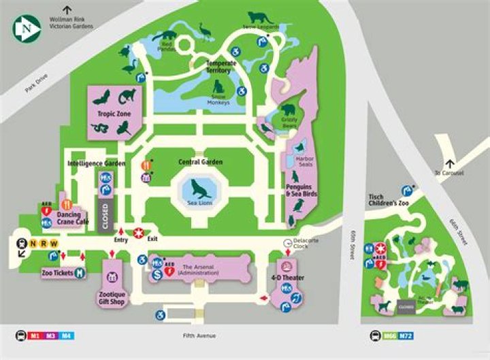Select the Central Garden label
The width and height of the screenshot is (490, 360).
coord(201,162)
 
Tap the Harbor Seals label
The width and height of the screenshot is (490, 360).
coord(305,163)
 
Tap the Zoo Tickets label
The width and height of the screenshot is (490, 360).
coord(56,272)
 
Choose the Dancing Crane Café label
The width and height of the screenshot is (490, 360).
coord(73,218)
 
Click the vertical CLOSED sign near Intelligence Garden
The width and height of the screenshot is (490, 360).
coord(105,216)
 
